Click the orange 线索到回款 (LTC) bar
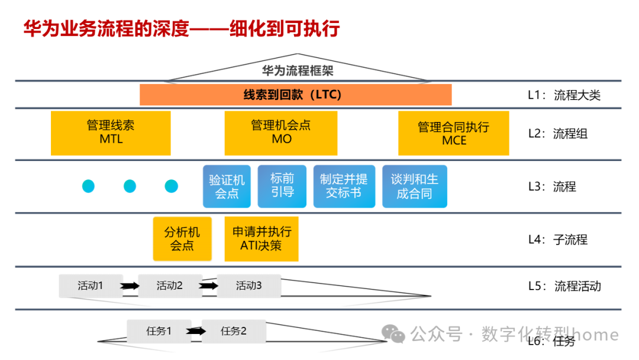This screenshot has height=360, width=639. [x=295, y=95]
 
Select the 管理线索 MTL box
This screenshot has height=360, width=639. [x=111, y=133]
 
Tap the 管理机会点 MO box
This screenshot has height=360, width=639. [x=281, y=133]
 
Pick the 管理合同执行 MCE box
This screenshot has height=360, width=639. [x=454, y=133]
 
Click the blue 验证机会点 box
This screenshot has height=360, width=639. [x=227, y=187]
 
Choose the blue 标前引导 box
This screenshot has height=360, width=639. [x=282, y=187]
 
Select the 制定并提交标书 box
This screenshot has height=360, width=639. [x=344, y=187]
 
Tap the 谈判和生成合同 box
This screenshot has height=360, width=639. [x=414, y=187]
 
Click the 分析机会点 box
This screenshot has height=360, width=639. [x=182, y=239]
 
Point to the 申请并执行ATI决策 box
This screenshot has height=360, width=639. [x=262, y=239]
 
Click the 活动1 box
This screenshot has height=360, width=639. [x=91, y=286]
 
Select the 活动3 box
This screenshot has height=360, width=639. [x=248, y=286]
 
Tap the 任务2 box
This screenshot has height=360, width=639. [x=234, y=332]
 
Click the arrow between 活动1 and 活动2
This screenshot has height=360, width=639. [x=130, y=287]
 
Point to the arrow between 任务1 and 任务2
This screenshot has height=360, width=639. [x=197, y=332]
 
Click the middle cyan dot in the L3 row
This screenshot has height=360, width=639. [x=130, y=187]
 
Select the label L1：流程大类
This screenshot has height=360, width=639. [x=564, y=95]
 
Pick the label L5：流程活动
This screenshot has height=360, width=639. [x=564, y=287]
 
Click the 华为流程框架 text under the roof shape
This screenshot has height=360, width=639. [x=298, y=71]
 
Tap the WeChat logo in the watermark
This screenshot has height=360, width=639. [x=393, y=334]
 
